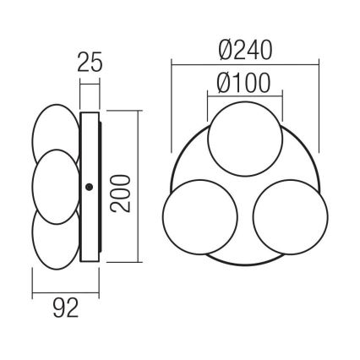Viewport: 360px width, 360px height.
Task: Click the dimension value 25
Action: tap(90, 63)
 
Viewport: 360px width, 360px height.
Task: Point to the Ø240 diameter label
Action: tap(244, 50)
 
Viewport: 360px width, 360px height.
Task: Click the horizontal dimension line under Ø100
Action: tap(244, 96)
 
